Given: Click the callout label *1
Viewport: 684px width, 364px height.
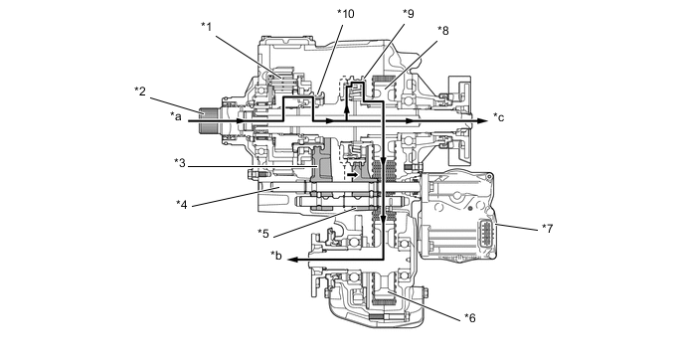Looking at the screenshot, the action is click(x=207, y=27).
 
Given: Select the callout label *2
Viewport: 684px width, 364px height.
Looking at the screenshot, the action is click(x=140, y=91).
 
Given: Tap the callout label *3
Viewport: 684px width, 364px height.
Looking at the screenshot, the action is click(x=180, y=163).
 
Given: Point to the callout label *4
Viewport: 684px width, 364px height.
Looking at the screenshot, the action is click(x=182, y=204).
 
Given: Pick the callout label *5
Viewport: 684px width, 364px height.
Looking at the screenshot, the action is click(x=263, y=233).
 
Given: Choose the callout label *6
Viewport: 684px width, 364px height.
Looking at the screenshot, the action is click(x=470, y=317).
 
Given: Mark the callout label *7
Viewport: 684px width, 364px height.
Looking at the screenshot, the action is click(x=548, y=228).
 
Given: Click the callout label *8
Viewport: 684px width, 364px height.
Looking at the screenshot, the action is click(x=443, y=31).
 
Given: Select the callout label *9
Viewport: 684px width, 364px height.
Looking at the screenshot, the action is click(x=409, y=14).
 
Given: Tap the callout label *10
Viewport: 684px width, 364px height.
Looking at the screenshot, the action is click(x=346, y=14).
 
